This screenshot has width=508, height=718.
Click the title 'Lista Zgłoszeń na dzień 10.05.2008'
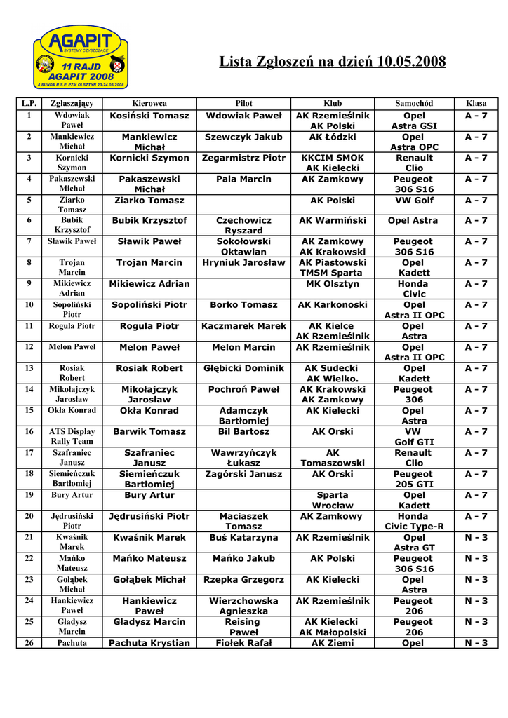(333, 62)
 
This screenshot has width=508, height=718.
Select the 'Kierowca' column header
(149, 103)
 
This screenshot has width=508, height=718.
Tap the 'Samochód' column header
(414, 103)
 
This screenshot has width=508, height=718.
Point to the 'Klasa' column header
(476, 103)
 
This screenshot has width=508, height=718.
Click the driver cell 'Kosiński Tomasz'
(149, 116)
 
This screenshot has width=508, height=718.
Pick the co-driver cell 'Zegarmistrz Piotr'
(243, 158)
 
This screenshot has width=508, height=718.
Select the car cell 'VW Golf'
(414, 201)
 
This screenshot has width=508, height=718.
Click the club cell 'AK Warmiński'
(333, 221)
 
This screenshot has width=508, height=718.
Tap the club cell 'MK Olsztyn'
(333, 284)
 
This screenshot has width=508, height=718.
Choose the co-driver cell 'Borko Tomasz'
(243, 305)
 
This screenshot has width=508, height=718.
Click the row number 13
(29, 368)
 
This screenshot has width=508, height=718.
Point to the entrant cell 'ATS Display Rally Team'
(72, 436)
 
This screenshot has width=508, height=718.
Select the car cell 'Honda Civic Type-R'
(414, 521)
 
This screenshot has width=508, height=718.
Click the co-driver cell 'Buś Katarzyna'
(243, 538)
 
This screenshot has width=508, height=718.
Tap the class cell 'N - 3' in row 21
(476, 538)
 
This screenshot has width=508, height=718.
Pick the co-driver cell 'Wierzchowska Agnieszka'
(243, 606)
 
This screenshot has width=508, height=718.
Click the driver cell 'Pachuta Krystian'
(149, 643)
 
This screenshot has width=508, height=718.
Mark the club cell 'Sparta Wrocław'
(333, 500)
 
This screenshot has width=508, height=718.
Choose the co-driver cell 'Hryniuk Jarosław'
(243, 263)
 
